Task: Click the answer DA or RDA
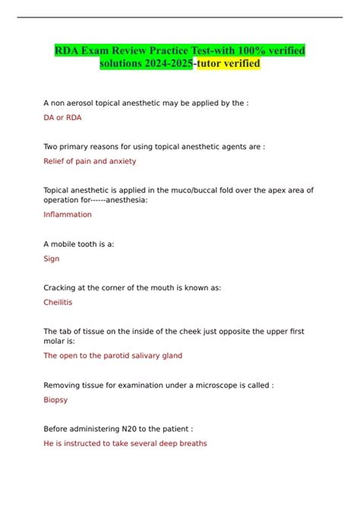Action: [62, 118]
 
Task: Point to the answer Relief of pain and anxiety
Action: [90, 161]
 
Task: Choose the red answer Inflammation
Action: [68, 214]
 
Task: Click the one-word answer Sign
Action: [52, 258]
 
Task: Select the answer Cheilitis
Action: [59, 302]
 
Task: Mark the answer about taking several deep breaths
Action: [125, 443]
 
